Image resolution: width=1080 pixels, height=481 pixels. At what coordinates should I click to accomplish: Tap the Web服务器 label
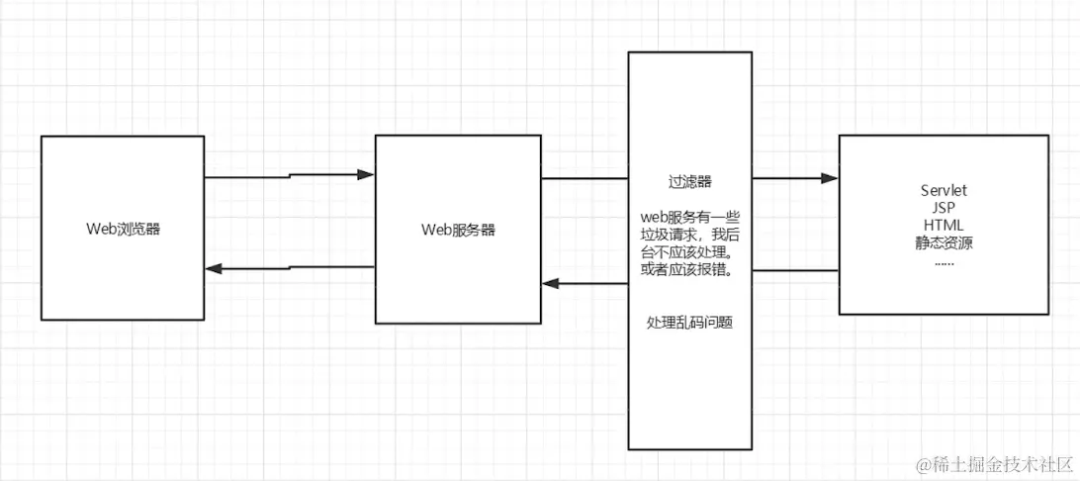[458, 230]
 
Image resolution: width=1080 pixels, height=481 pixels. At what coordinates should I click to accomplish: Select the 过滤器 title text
[691, 182]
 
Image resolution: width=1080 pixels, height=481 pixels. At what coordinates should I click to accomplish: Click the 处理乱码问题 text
[690, 323]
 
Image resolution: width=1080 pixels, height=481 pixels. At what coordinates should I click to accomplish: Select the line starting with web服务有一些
[691, 217]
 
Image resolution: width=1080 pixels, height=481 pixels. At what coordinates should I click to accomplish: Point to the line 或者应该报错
[691, 270]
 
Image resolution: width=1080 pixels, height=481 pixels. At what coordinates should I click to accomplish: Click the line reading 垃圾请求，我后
[691, 235]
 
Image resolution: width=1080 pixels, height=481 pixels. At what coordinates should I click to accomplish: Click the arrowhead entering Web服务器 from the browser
[366, 174]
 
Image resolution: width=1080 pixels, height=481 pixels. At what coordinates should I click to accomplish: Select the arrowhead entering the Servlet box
[831, 179]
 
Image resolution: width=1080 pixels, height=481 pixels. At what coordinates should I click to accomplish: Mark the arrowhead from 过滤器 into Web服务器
[551, 284]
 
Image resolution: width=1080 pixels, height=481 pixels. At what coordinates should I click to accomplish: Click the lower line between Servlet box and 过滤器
[795, 269]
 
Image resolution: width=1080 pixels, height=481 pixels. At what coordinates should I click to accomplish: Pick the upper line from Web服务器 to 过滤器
[585, 179]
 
